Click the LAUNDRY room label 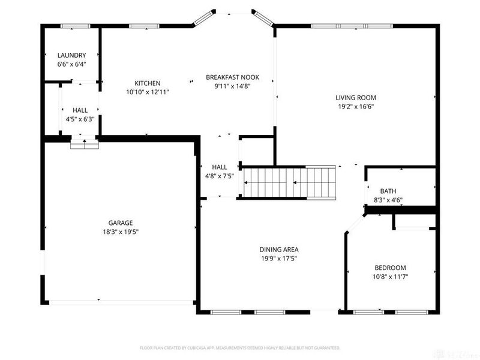(71, 55)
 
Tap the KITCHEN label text (147, 83)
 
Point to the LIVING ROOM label (356, 98)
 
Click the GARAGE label (121, 223)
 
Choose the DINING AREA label (278, 250)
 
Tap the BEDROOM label (390, 268)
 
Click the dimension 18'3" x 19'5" (121, 232)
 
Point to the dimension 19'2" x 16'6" (356, 107)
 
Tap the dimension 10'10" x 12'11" (147, 92)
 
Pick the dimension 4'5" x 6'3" (80, 119)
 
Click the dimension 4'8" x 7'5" (219, 176)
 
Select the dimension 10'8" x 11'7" (390, 277)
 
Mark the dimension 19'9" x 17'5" (278, 259)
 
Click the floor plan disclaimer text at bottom (240, 347)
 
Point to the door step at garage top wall (83, 144)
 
